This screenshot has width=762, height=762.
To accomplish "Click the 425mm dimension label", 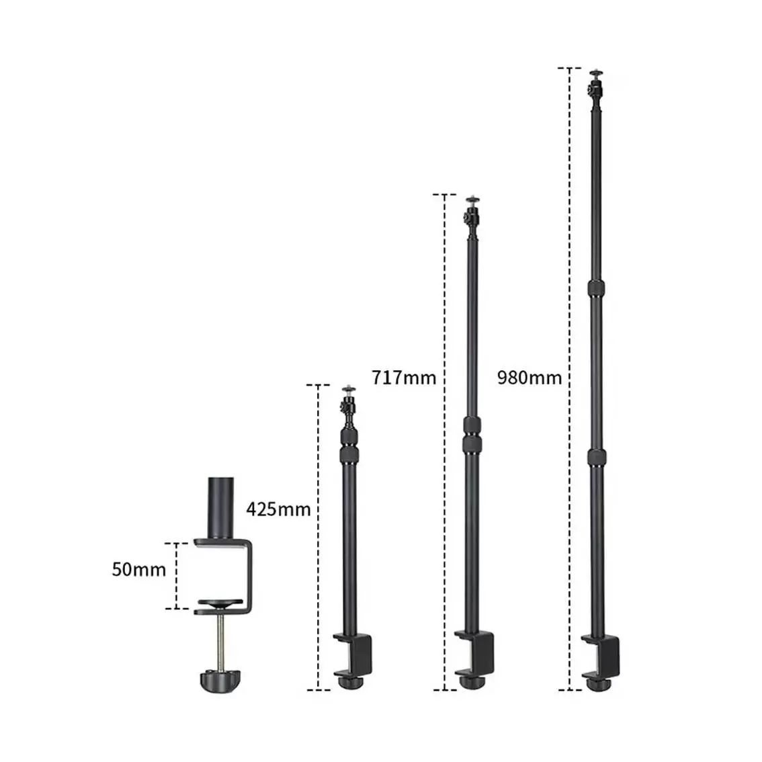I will coord(278,509).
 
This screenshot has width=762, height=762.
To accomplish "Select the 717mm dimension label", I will coord(404,378).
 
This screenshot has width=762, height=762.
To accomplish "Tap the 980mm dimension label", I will coord(530,378).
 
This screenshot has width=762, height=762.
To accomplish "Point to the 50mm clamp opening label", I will coord(138,570).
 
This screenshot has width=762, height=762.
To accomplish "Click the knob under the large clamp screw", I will coord(217,681).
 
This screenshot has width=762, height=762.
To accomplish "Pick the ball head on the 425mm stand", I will coord(349,404).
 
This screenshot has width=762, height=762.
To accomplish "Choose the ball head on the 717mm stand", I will coord(472,214).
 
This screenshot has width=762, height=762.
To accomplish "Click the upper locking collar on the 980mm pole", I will coord(595,289).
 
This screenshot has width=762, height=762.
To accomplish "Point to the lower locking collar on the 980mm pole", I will coord(595,457).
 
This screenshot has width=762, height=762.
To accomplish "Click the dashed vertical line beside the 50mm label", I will coord(177,576).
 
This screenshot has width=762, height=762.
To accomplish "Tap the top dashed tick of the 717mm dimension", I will coord(444,195).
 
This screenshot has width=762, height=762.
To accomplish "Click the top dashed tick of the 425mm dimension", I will coord(318,385).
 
